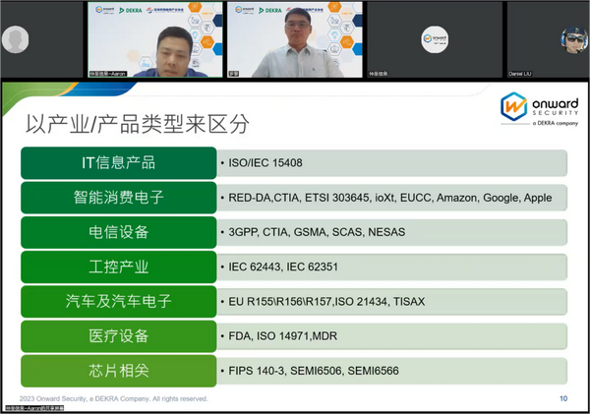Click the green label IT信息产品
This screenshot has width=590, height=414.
(118, 162)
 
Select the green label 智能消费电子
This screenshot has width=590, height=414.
(118, 197)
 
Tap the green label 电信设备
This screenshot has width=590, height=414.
(118, 232)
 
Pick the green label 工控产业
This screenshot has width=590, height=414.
(118, 266)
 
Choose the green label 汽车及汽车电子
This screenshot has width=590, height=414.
(118, 301)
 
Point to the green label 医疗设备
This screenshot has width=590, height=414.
(118, 335)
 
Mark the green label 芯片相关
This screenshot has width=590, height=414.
(118, 371)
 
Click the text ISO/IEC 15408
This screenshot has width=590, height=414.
(267, 163)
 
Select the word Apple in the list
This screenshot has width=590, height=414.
(537, 198)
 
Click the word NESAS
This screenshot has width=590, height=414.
(383, 232)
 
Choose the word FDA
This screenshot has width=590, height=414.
(240, 336)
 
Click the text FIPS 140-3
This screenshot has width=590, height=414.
(258, 371)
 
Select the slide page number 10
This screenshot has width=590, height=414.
(562, 398)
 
